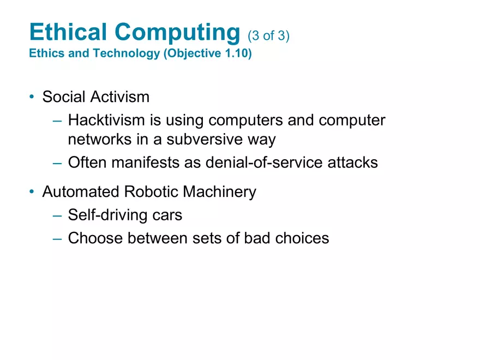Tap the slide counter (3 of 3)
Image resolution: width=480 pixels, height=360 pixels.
[268, 36]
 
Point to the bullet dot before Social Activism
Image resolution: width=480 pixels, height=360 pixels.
[32, 97]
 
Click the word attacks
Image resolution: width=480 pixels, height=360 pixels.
[352, 163]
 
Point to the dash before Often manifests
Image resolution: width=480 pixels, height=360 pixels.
[57, 163]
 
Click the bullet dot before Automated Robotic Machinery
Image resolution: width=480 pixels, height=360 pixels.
[32, 192]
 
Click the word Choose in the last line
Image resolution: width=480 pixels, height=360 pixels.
[94, 238]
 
